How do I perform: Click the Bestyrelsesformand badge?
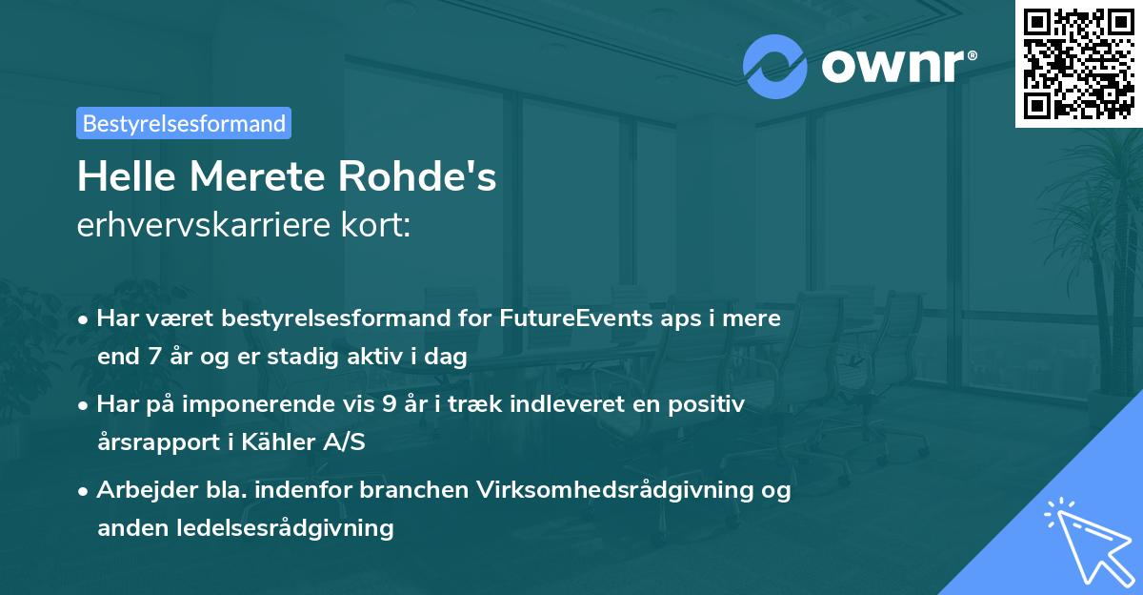(x=184, y=123)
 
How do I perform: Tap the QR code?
(x=1078, y=63)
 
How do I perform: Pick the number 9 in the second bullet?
(x=389, y=404)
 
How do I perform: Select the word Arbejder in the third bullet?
(x=137, y=490)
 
